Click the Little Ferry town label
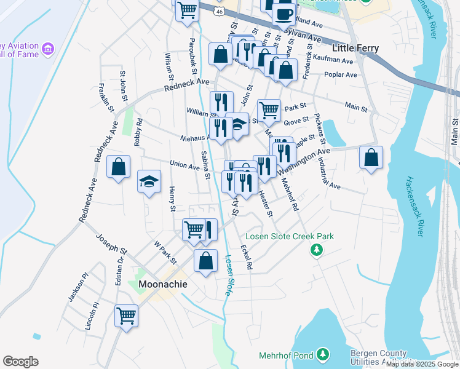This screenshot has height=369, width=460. click(355, 48)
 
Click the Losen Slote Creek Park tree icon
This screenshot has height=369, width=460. click(317, 250)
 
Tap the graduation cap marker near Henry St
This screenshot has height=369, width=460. click(148, 181)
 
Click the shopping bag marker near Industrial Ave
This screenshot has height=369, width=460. click(371, 158)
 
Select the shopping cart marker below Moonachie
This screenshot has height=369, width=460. click(127, 316)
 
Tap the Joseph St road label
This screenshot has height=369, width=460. click(111, 244)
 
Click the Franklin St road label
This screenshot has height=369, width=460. click(106, 98)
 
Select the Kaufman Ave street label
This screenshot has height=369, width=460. click(333, 61)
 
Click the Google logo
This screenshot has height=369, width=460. click(20, 362)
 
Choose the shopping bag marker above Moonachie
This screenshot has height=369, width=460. click(205, 260)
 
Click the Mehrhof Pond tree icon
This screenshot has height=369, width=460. click(322, 354)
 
